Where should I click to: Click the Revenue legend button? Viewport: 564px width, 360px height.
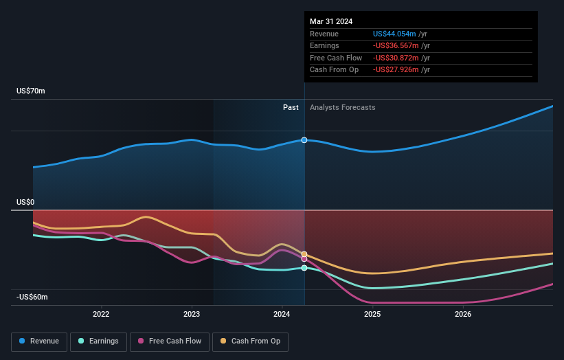pos(40,341)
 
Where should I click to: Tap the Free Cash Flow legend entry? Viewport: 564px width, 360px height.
pos(170,341)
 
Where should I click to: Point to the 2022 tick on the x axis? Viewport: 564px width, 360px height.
pos(101,315)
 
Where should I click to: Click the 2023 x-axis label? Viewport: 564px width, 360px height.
pos(192,315)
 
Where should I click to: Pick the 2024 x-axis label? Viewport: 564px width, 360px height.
pos(282,315)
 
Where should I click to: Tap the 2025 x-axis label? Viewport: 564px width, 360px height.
pos(372,315)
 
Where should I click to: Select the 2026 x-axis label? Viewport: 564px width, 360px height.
pos(463,315)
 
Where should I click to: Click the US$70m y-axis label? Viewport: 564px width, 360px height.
pos(31,91)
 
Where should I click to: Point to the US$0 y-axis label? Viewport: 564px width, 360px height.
pos(25,202)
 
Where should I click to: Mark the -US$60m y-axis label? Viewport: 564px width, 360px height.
pos(32,297)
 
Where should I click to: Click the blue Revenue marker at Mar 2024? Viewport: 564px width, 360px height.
pos(304,140)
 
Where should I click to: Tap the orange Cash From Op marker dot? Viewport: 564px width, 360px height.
pos(304,254)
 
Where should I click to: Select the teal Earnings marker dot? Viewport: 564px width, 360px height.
pos(304,268)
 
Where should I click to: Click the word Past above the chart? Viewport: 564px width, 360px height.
pos(291,107)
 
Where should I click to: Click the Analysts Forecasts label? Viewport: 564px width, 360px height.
pos(343,107)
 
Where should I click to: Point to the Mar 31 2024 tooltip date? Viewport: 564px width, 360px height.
pos(331,21)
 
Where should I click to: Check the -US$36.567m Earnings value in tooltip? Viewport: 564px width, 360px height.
pos(396,46)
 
